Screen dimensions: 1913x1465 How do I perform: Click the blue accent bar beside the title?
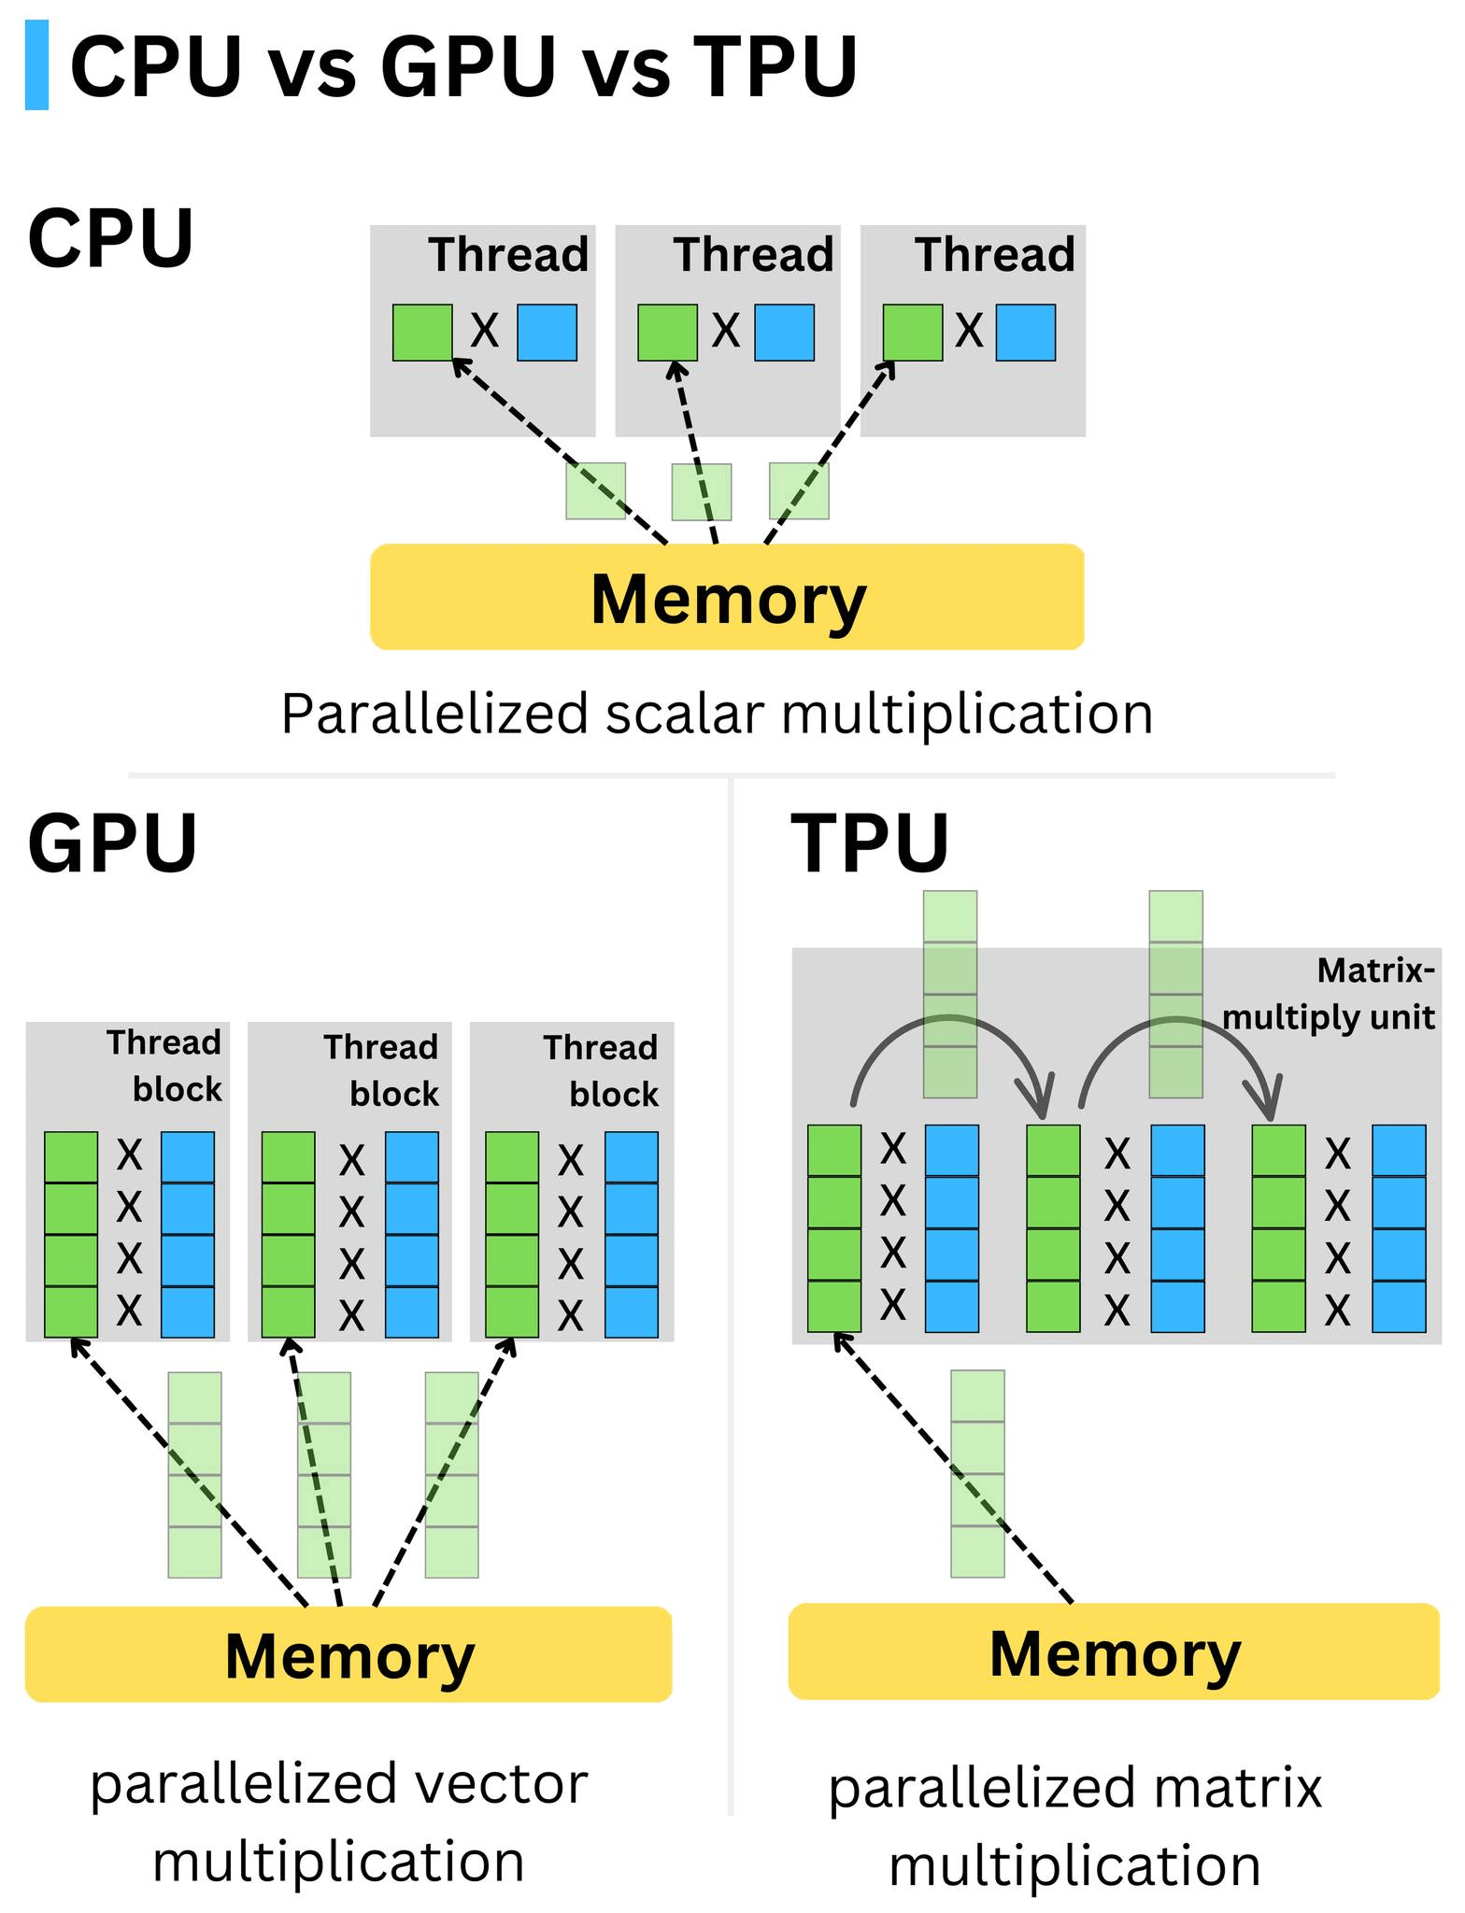36,65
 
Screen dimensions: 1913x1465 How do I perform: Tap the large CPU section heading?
110,238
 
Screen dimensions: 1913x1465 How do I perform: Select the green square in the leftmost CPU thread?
422,332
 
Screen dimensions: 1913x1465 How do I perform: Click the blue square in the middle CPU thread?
784,332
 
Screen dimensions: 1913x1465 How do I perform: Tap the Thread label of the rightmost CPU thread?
995,255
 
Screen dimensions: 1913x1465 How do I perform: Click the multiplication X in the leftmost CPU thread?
484,331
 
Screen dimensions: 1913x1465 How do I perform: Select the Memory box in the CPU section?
727,598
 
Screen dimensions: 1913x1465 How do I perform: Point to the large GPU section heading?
112,843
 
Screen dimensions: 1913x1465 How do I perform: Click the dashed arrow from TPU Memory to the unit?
953,1470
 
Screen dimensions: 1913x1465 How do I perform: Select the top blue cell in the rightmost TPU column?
1399,1150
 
